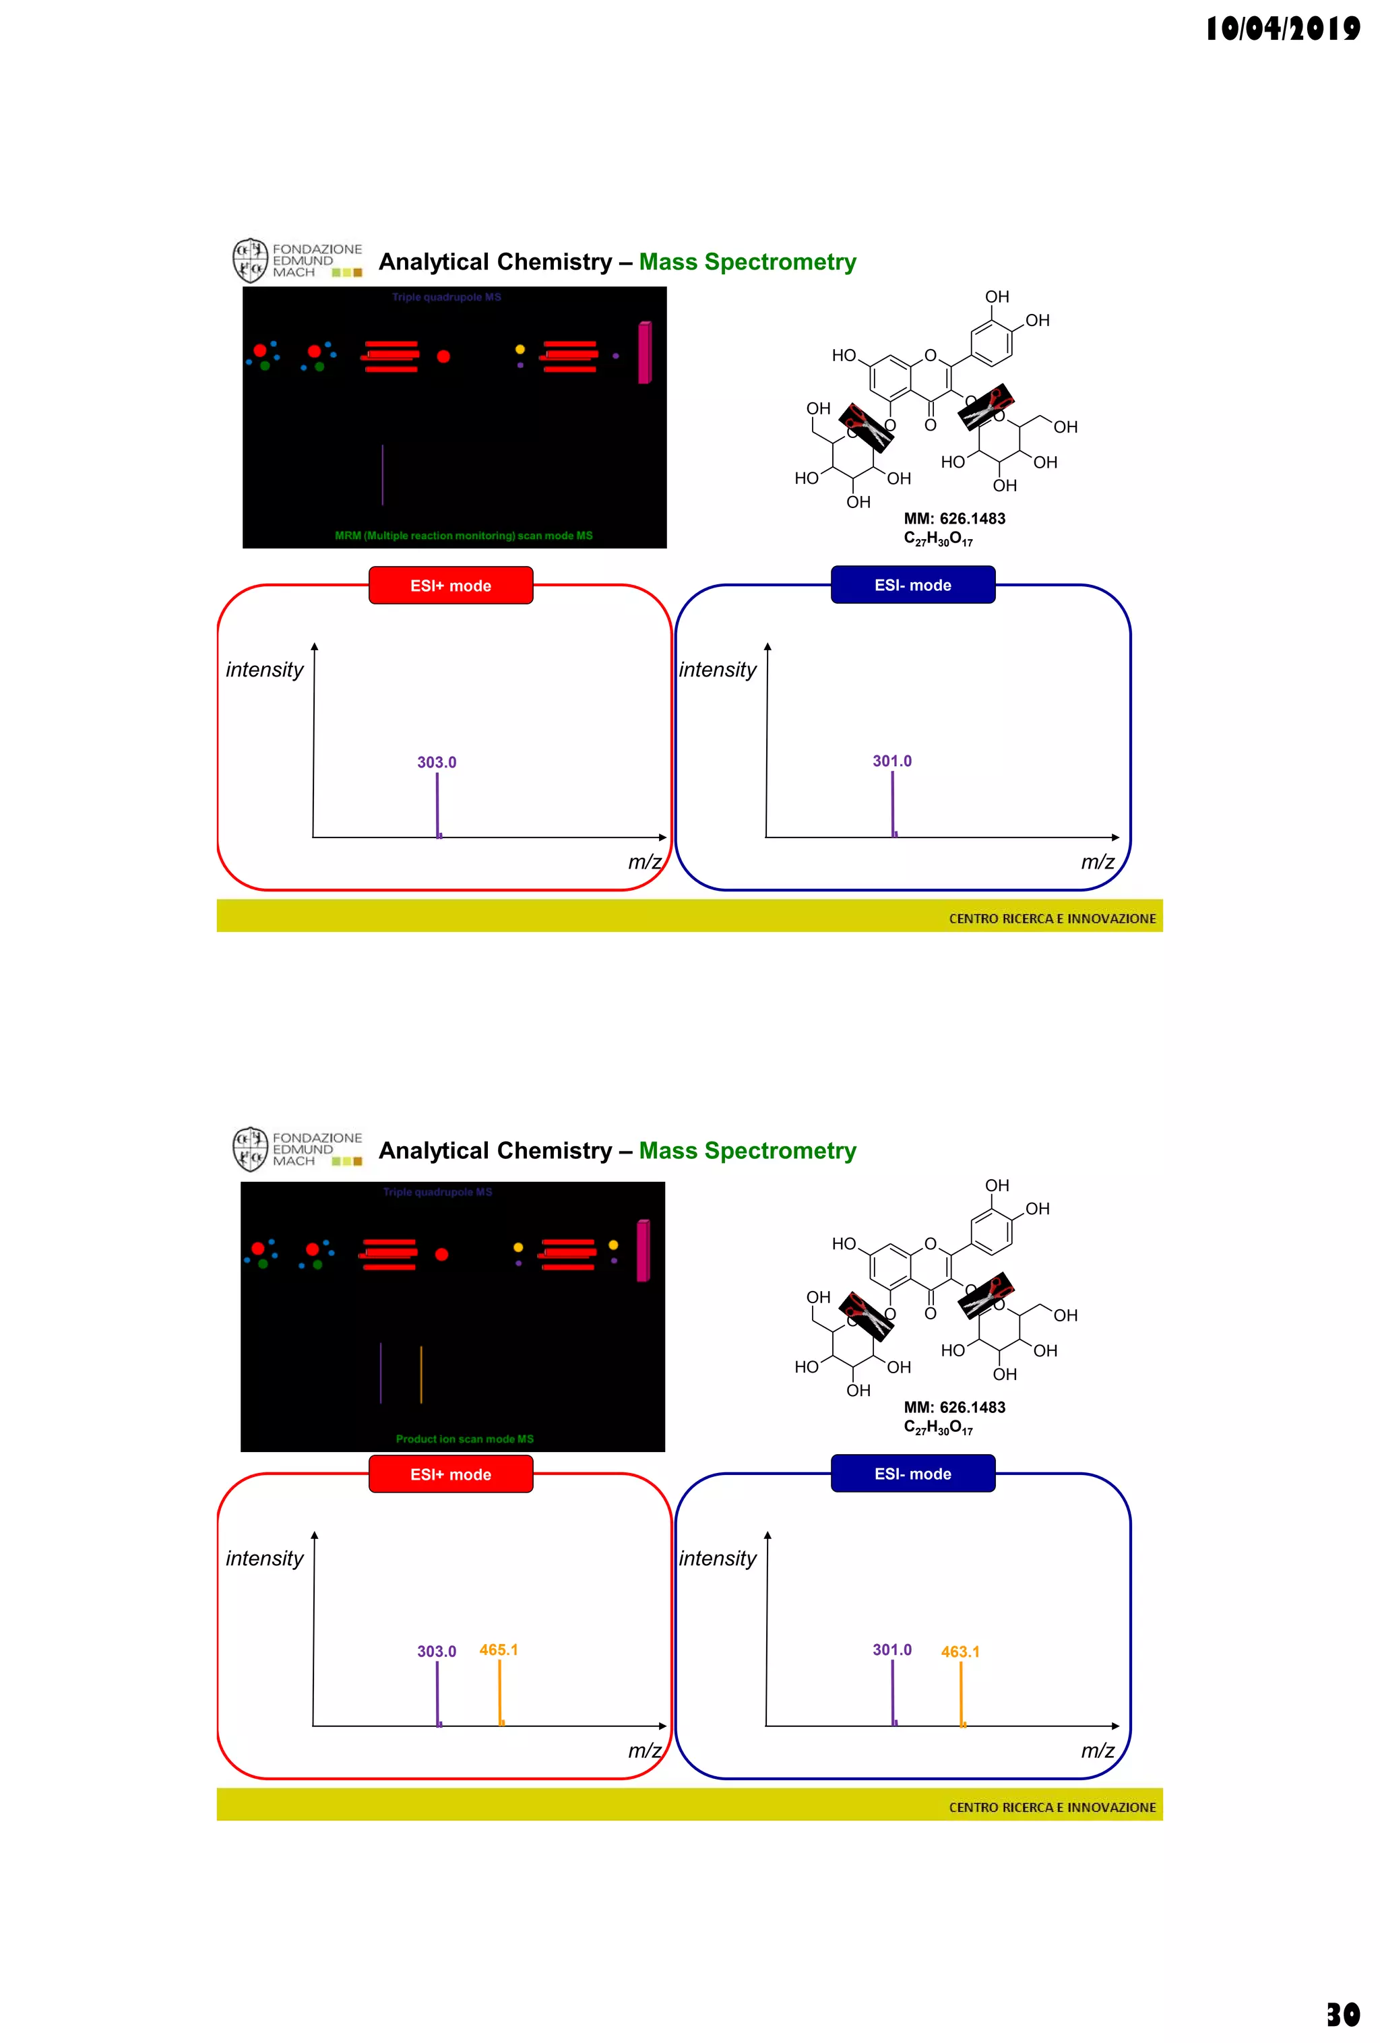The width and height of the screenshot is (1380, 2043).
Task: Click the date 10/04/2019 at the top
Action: click(1282, 29)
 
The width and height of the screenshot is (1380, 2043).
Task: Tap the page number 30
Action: click(1342, 2014)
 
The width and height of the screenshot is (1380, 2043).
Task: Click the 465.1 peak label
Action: click(499, 1650)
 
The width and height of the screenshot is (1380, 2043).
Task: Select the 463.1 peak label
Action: click(960, 1652)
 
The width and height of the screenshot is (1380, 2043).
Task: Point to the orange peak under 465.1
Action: click(499, 1692)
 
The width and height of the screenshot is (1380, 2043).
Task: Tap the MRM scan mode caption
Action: click(463, 536)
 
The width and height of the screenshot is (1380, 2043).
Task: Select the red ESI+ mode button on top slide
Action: click(450, 586)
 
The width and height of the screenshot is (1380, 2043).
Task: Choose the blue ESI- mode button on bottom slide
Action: click(912, 1474)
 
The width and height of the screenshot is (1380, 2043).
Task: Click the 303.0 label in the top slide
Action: click(436, 762)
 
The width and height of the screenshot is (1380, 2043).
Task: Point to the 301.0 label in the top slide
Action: click(891, 761)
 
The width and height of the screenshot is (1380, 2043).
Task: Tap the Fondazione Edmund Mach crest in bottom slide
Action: click(249, 1149)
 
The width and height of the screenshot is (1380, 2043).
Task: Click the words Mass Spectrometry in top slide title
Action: click(747, 262)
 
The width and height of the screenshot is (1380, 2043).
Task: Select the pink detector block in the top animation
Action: click(644, 352)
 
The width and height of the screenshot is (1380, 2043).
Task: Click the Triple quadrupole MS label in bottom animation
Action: click(437, 1192)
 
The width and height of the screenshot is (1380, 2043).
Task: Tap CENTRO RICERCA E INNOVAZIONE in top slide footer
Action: click(1052, 918)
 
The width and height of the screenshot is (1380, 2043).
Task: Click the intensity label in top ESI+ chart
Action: click(263, 670)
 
